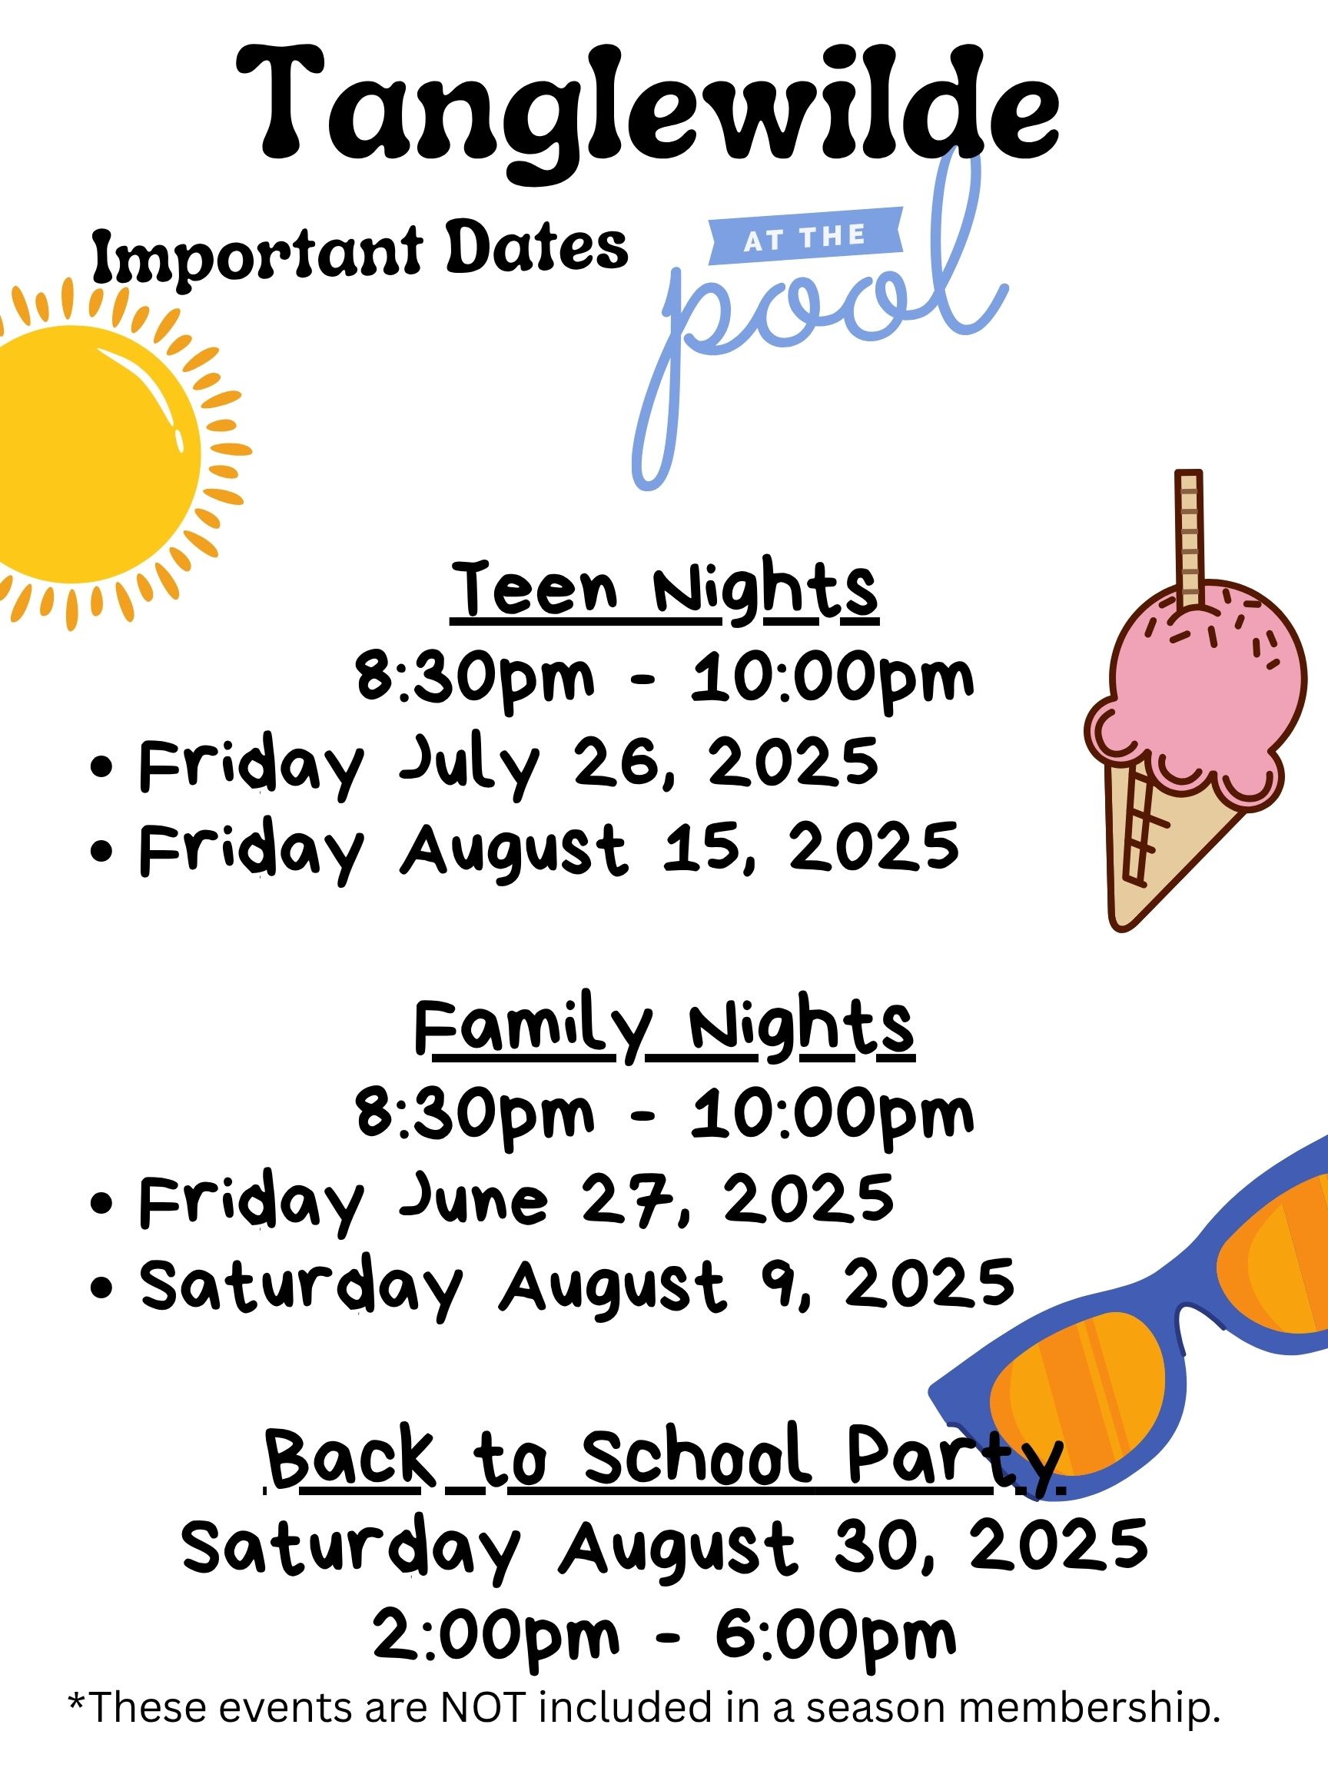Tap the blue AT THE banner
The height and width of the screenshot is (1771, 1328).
click(806, 235)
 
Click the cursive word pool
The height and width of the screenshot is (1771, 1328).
click(816, 321)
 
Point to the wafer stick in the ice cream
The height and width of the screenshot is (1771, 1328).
click(1189, 540)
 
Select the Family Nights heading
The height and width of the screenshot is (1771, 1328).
click(665, 1028)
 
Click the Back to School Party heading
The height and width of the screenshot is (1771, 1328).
click(665, 1457)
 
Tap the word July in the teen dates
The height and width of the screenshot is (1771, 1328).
click(469, 765)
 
